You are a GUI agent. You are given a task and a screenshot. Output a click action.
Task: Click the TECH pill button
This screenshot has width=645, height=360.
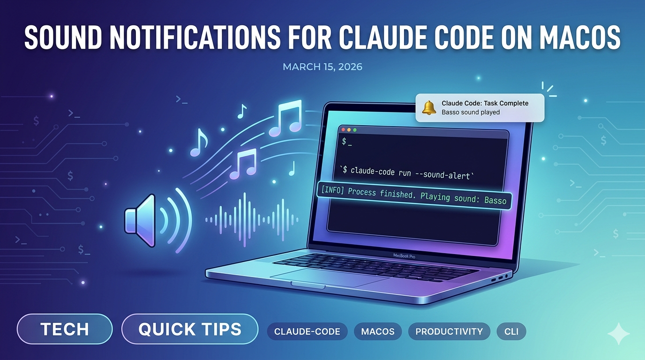pos(65,329)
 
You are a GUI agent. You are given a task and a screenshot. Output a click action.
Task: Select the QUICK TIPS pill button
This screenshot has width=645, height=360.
pos(190,329)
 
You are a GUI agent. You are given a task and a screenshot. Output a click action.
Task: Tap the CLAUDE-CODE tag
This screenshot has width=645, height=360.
pos(307,331)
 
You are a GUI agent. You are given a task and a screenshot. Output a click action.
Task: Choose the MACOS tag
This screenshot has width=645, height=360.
pos(378,331)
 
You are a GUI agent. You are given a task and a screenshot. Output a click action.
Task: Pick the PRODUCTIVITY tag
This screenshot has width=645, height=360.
pos(449,331)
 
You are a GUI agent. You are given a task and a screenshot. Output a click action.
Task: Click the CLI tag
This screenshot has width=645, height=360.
pos(511,331)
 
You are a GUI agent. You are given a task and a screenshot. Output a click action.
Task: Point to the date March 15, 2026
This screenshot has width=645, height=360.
pos(322,67)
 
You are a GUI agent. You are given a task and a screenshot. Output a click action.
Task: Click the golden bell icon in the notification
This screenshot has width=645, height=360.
pos(429,107)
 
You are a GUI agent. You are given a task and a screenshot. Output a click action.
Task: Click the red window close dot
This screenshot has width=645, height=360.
pos(343,129)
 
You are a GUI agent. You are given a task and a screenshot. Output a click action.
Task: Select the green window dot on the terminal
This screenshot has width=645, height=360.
pos(355,129)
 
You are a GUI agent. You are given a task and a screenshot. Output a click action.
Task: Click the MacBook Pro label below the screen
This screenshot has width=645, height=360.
pos(404,256)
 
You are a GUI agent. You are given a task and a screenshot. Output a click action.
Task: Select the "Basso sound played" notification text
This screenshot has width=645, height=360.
pos(470,112)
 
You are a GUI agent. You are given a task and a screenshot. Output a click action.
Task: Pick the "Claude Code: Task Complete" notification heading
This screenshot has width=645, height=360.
pos(485,103)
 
